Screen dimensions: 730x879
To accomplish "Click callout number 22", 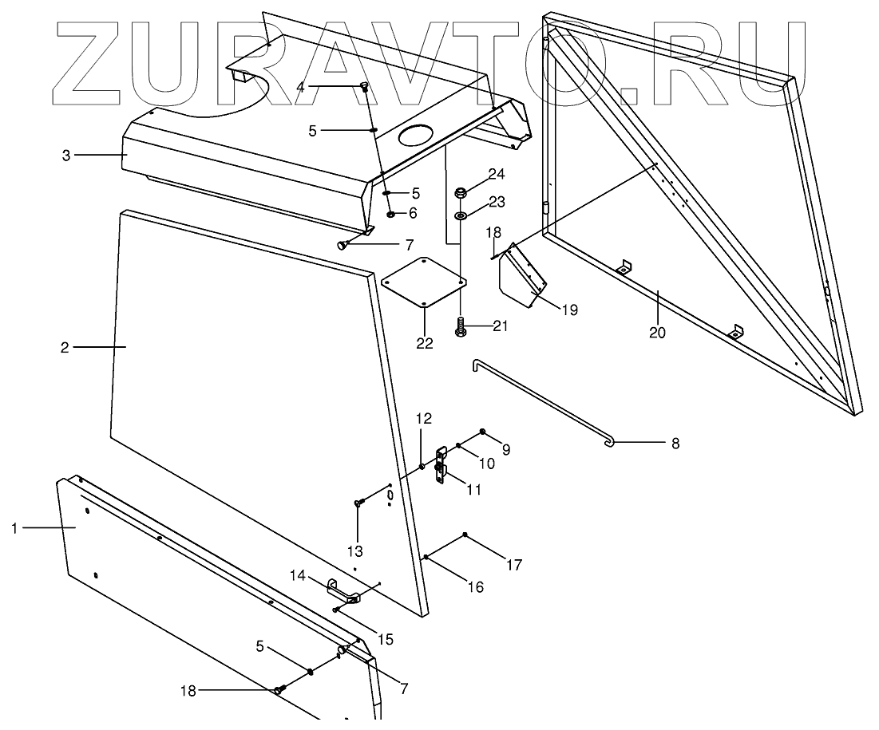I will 424,344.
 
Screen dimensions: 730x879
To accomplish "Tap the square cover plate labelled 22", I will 424,282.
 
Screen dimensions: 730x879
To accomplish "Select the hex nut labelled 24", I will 461,192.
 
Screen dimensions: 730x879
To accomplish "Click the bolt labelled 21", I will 461,326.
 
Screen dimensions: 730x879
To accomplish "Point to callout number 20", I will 656,333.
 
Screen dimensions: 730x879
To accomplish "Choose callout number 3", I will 66,154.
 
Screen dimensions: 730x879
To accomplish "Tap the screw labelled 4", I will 365,87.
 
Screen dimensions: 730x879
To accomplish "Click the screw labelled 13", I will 358,503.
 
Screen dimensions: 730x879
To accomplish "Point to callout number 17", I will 513,565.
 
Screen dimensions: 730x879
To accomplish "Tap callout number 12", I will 423,418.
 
